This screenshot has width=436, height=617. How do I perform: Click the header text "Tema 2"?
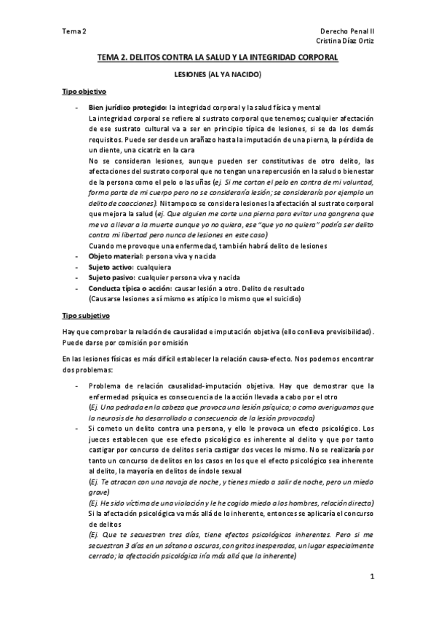[74, 32]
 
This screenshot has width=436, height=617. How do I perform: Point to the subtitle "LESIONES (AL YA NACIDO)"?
[218, 74]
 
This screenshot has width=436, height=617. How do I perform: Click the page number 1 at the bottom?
[371, 577]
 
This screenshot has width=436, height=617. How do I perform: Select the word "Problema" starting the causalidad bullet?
[106, 386]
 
